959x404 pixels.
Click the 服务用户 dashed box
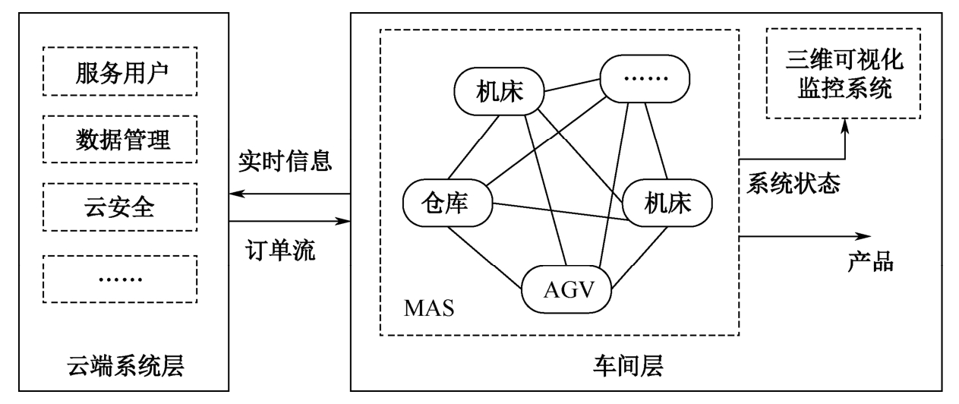(121, 74)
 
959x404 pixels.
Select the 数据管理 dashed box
(121, 140)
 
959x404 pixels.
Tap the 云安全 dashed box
(121, 206)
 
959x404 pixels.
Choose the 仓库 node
(446, 204)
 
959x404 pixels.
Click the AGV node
(566, 289)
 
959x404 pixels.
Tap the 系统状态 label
(794, 183)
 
